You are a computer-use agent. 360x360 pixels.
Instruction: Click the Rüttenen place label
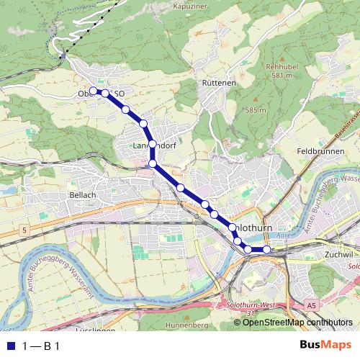[x=219, y=83]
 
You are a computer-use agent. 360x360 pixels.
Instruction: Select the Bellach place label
[x=81, y=195]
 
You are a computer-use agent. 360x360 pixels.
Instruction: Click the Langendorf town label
[x=156, y=145]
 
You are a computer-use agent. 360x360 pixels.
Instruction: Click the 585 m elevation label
[x=256, y=110]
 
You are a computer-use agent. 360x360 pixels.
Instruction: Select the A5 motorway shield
[x=312, y=306]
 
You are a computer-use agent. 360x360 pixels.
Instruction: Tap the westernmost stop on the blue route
[x=93, y=91]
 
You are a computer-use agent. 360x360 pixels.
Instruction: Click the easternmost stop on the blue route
[x=266, y=250]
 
